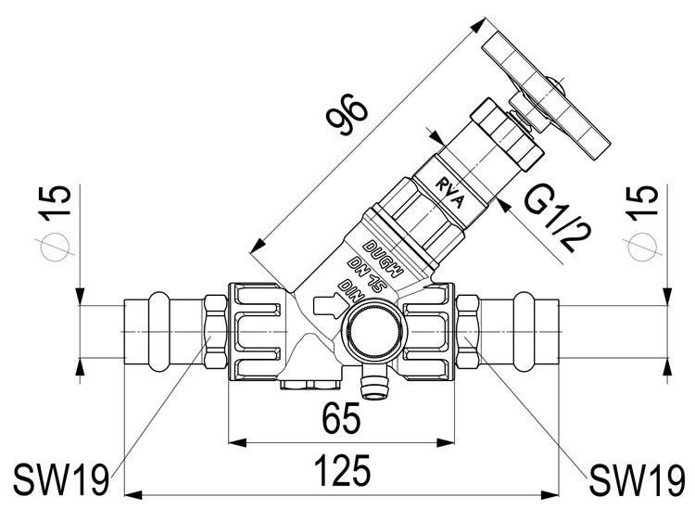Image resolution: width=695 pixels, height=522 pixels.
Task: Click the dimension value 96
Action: click(x=347, y=114)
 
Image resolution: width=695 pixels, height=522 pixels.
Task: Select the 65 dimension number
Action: click(x=341, y=419)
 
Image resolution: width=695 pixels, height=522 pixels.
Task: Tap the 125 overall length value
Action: click(x=342, y=470)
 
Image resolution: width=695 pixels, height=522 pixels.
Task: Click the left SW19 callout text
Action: click(x=61, y=479)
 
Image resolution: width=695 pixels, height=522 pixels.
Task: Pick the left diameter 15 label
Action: click(x=56, y=222)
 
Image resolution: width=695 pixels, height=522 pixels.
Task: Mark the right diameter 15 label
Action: click(x=642, y=222)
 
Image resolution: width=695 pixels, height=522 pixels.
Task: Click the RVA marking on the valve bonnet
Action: click(x=449, y=194)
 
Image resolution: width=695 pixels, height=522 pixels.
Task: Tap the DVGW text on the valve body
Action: click(x=384, y=259)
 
